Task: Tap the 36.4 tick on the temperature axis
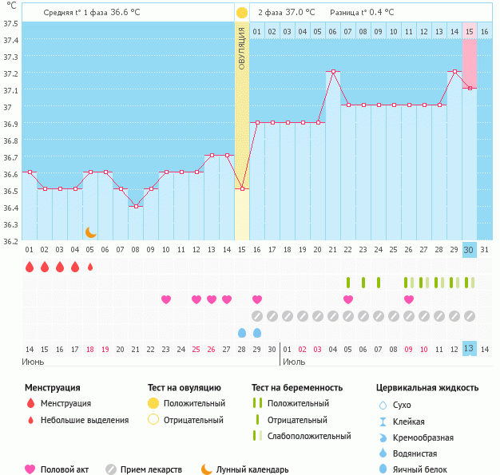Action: pyautogui.click(x=11, y=208)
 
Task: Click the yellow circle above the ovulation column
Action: pyautogui.click(x=242, y=14)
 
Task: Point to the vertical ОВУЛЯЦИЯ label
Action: pyautogui.click(x=242, y=49)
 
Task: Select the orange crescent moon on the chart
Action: pyautogui.click(x=91, y=232)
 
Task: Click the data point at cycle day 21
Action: pyautogui.click(x=333, y=72)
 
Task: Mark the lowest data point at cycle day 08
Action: pyautogui.click(x=136, y=207)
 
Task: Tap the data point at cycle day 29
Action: pyautogui.click(x=454, y=72)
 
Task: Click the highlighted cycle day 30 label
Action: pyautogui.click(x=470, y=250)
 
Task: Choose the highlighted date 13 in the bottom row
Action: pyautogui.click(x=470, y=349)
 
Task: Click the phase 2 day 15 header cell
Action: pyautogui.click(x=470, y=31)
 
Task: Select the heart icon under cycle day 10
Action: pyautogui.click(x=166, y=299)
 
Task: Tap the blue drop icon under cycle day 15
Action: pyautogui.click(x=242, y=332)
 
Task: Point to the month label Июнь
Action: pyautogui.click(x=34, y=362)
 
